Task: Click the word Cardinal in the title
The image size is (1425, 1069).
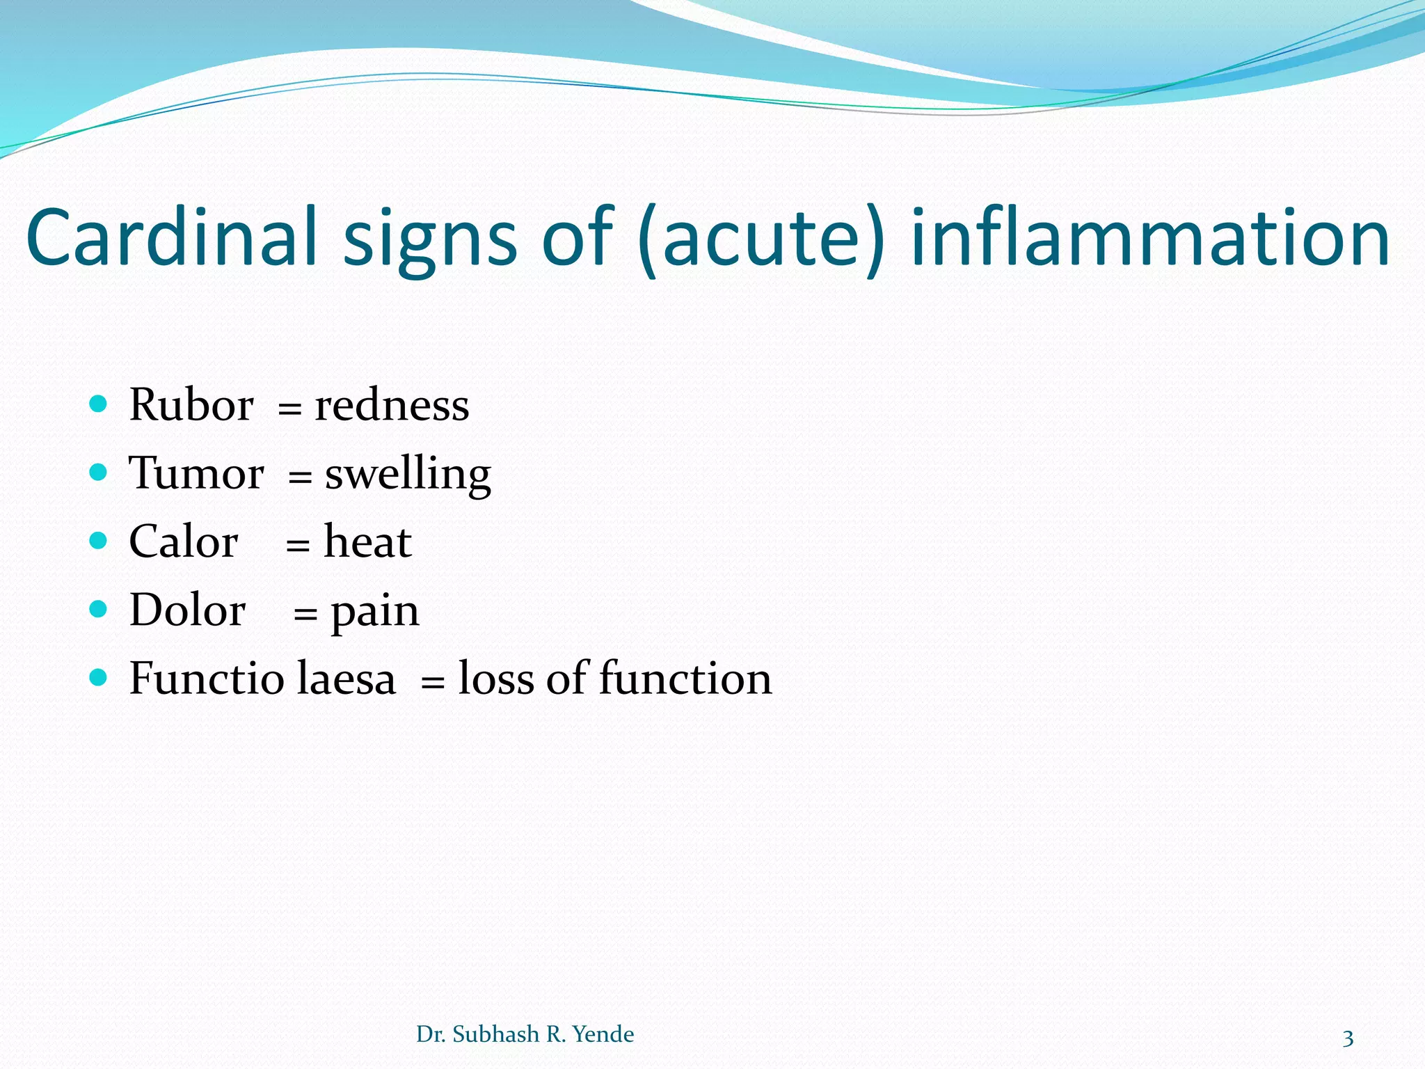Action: point(171,237)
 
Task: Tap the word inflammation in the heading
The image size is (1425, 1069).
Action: point(1150,237)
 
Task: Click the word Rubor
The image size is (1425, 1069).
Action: point(191,404)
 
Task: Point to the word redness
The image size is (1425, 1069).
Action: point(392,405)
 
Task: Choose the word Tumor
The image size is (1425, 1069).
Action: point(196,473)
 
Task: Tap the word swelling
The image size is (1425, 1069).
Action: point(408,475)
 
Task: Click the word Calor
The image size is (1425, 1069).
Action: point(184,541)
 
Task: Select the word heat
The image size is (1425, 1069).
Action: point(367,541)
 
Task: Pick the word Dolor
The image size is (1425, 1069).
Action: point(187,610)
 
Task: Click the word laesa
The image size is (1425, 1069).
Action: point(346,678)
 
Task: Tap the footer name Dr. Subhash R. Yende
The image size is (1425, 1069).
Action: point(525,1034)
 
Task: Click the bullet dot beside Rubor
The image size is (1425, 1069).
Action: point(99,404)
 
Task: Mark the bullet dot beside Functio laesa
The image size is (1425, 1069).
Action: point(99,677)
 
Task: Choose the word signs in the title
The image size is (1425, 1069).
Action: point(430,240)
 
